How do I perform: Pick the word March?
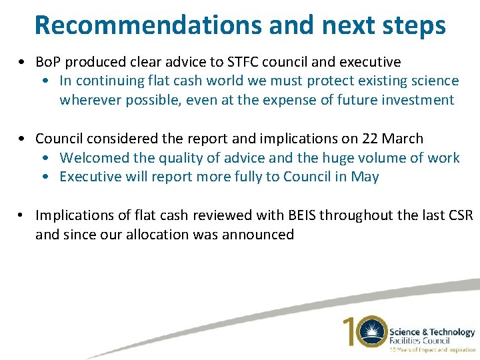click(x=403, y=139)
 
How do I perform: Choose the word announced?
click(x=259, y=234)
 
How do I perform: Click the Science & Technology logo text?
click(x=432, y=332)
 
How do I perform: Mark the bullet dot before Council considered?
click(x=23, y=139)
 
